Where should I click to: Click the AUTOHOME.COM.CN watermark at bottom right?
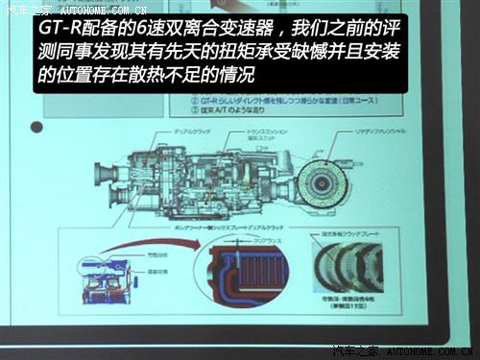[422, 350]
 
